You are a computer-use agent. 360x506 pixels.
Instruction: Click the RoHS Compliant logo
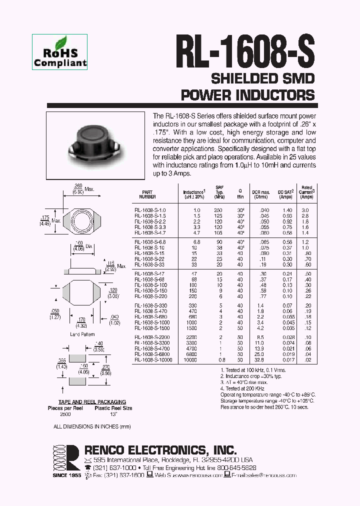coord(60,51)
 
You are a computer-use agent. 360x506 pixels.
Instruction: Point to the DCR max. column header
coord(260,194)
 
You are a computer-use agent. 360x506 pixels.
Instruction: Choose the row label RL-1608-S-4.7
coord(150,232)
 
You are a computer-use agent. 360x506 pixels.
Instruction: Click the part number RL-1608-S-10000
coord(153,359)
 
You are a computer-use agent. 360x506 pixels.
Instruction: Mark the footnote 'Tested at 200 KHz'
coord(243,388)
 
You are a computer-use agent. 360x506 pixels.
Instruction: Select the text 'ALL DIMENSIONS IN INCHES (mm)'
coord(92,426)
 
